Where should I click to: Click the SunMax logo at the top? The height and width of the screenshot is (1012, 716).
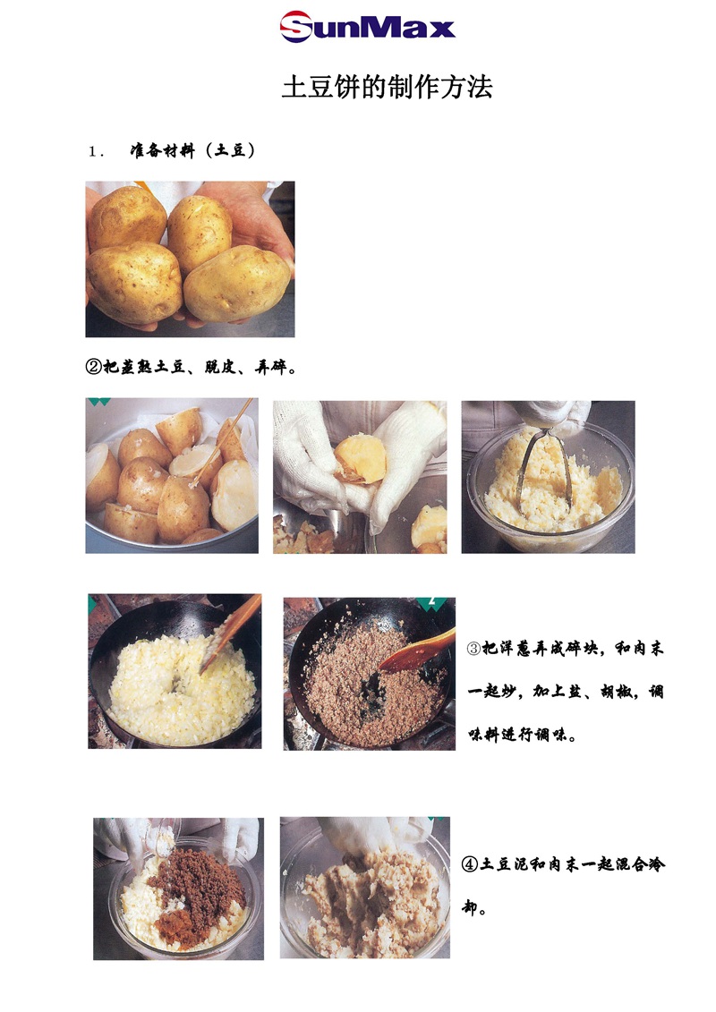(x=367, y=27)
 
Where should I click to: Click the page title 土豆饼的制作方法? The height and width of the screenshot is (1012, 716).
(x=387, y=87)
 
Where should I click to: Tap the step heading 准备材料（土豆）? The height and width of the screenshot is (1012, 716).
(x=193, y=151)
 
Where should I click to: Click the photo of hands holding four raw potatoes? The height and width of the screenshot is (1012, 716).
(x=190, y=259)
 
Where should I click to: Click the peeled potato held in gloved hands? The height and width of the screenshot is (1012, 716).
(x=361, y=459)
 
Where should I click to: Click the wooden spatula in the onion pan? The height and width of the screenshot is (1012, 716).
(x=231, y=634)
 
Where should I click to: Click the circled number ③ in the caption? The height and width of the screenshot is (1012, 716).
(x=473, y=649)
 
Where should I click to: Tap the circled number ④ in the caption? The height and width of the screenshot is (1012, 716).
(x=470, y=864)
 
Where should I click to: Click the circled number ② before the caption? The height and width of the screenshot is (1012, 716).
(x=94, y=367)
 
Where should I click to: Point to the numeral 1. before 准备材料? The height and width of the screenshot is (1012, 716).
(x=96, y=152)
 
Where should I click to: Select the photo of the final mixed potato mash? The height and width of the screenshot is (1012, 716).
(x=365, y=888)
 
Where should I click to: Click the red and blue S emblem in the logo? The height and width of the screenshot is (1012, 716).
(x=296, y=27)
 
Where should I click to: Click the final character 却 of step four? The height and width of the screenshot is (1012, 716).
(x=470, y=907)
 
